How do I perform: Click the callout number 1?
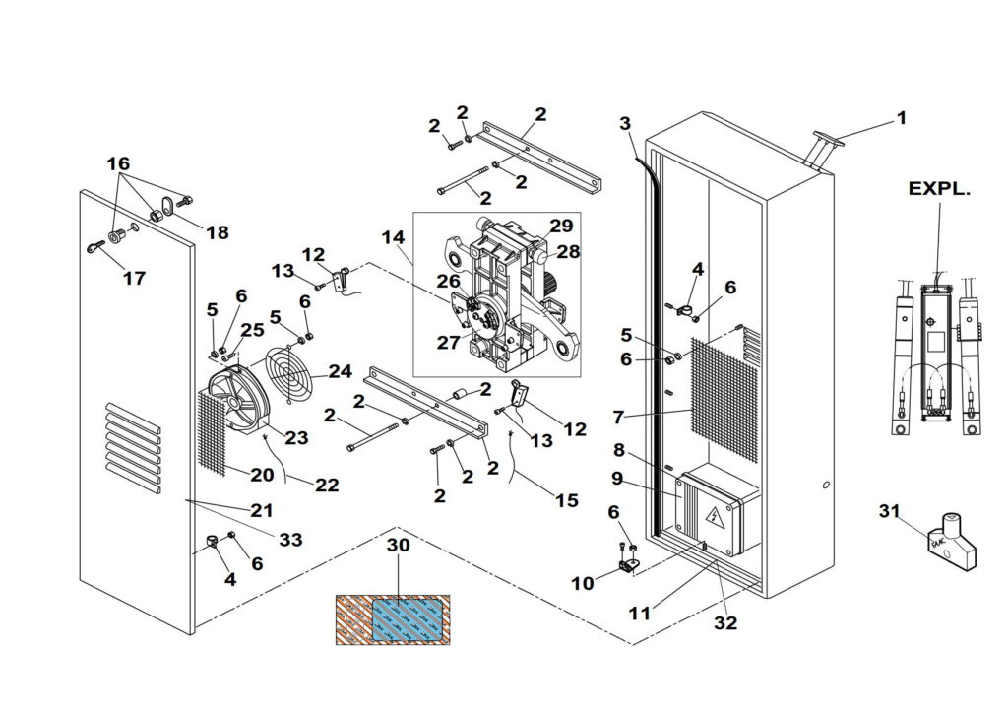coord(901,118)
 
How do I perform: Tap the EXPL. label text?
coord(939,189)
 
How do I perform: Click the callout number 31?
coord(889,510)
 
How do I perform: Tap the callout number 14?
coord(393,237)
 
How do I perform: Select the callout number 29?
coord(561,226)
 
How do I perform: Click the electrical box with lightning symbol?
coord(716,511)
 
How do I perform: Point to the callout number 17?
coord(134,279)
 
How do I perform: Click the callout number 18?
coord(217,232)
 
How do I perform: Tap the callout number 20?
coord(261,475)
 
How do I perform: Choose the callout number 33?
coord(290,540)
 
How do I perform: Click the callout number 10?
coord(583,583)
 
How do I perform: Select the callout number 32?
coord(725,622)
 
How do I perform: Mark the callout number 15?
coord(566,500)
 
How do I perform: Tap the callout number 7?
coord(618,417)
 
